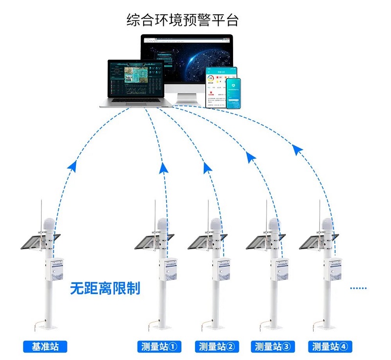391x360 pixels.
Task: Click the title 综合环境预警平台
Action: coord(182,20)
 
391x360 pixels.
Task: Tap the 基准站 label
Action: coord(45,347)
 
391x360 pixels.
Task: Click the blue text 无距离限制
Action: coord(105,288)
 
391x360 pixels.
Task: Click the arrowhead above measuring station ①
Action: coord(164,168)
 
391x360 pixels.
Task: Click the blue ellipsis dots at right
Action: coord(358,288)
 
